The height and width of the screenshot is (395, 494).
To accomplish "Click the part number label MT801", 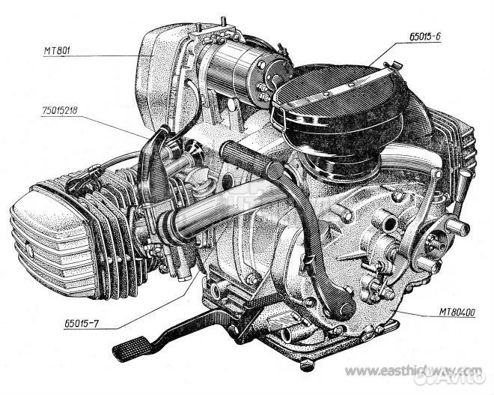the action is [x=57, y=50].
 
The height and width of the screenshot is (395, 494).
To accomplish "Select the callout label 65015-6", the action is [x=424, y=37].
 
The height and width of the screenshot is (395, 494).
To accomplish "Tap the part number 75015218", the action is [x=60, y=110].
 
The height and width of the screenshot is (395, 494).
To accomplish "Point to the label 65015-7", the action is [x=82, y=323].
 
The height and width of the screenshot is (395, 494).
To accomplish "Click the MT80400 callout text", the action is [x=457, y=313].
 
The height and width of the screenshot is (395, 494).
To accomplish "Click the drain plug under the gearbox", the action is [x=307, y=364].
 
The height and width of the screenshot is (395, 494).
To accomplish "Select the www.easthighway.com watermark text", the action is [x=413, y=371].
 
